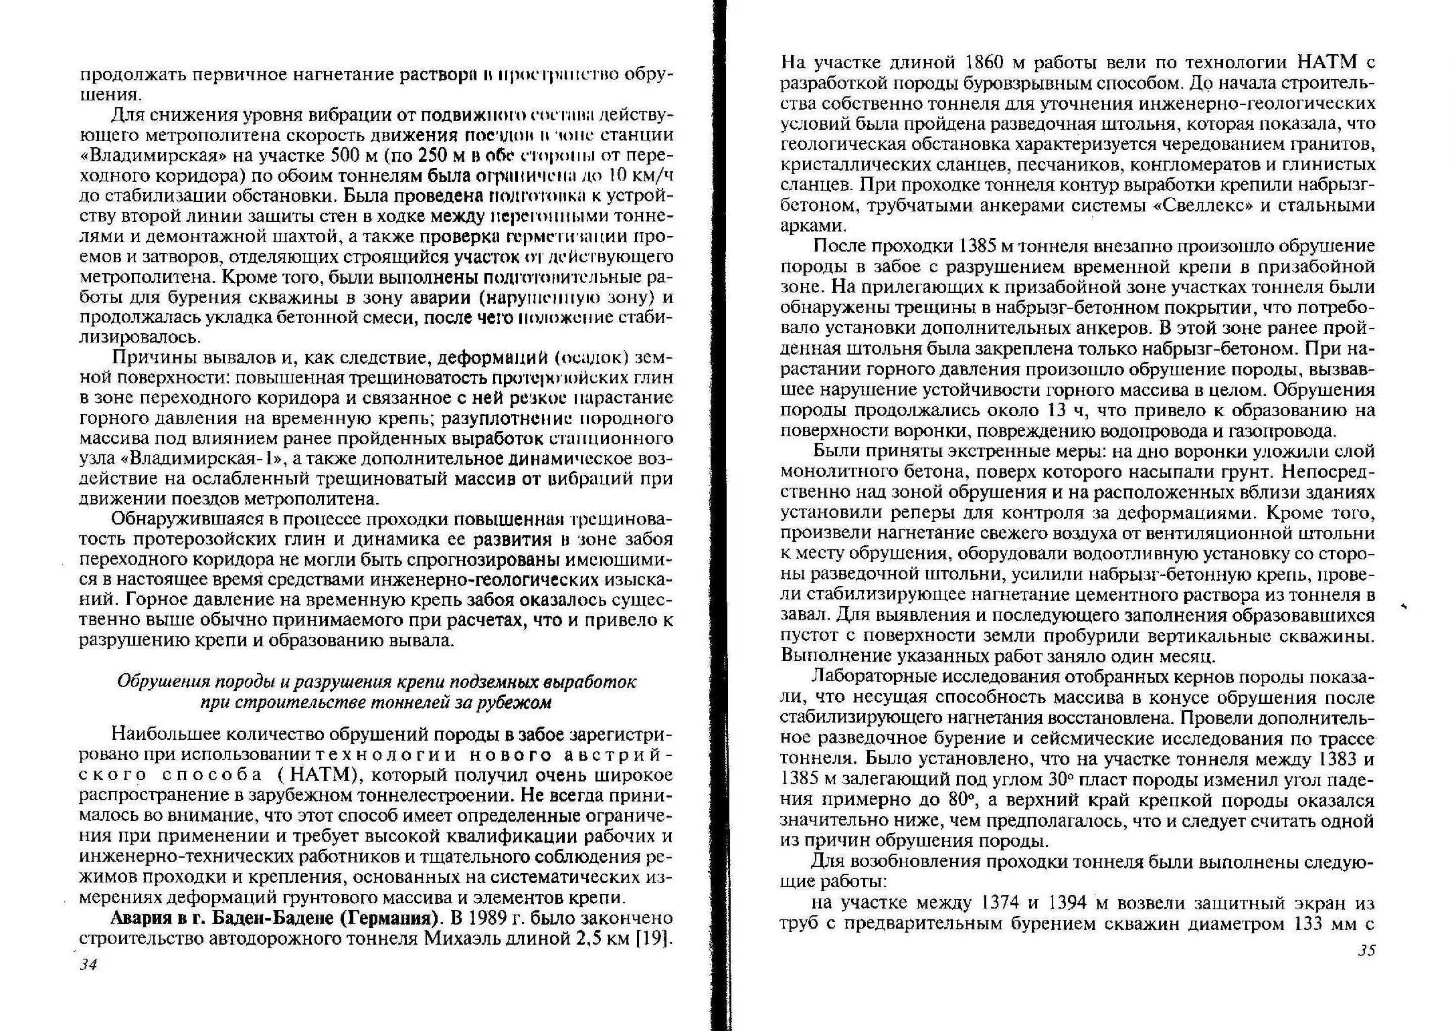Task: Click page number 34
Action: pos(88,964)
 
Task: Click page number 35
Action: pos(1366,950)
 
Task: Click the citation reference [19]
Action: pos(654,938)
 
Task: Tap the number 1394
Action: pos(1063,903)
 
